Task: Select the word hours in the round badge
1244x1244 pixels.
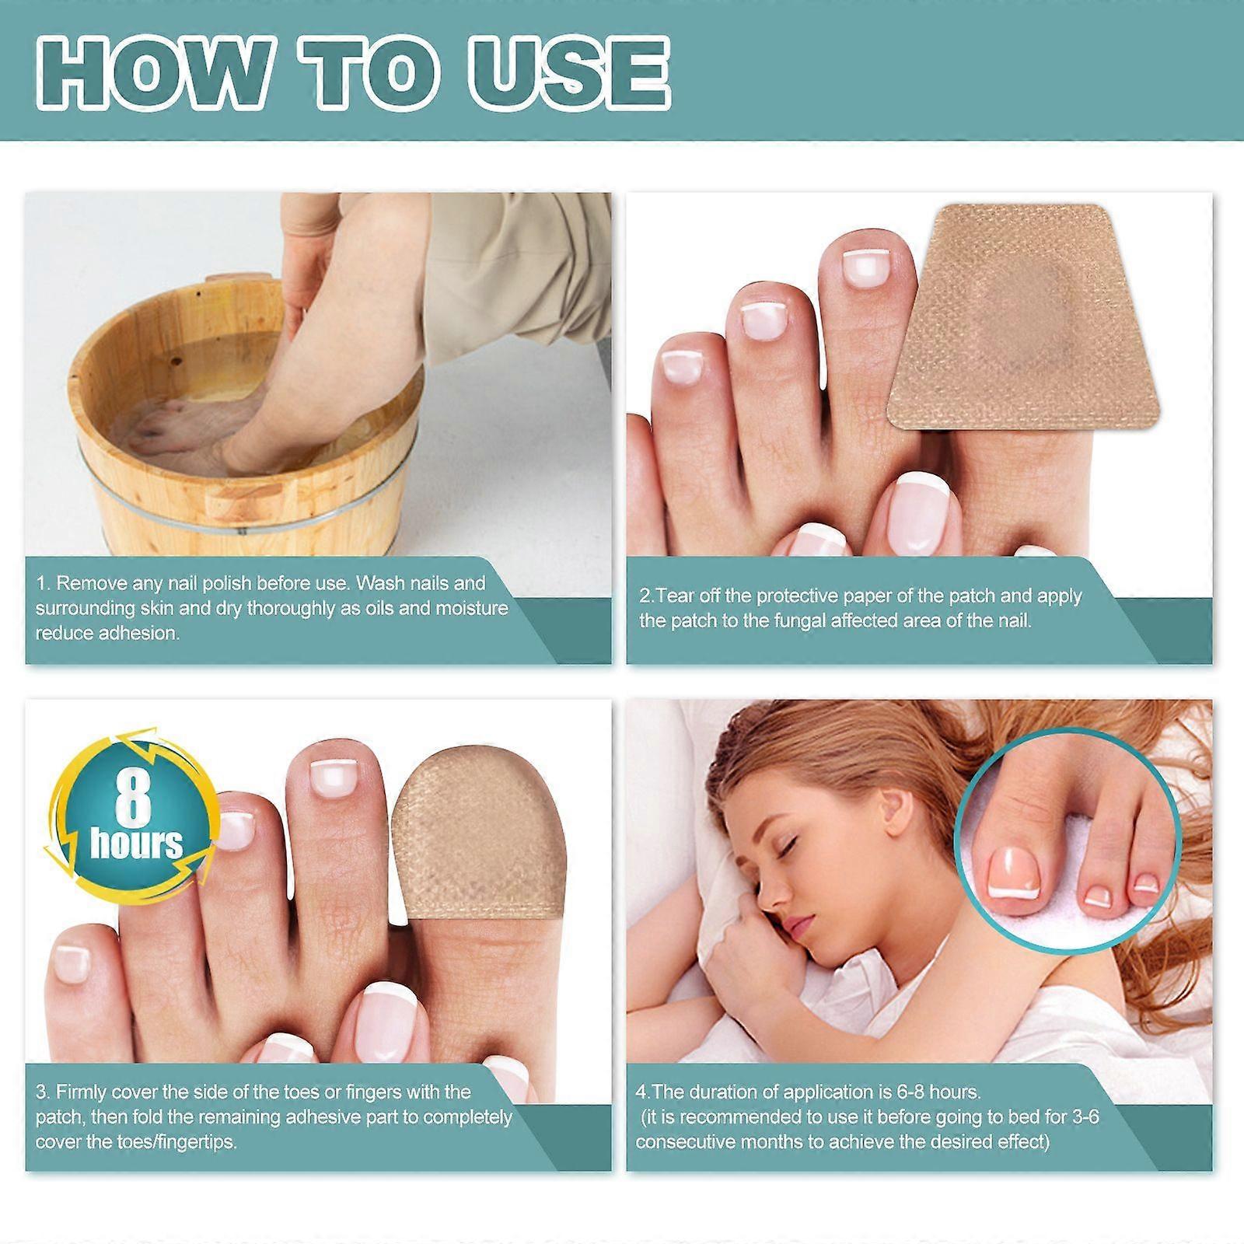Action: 136,844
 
